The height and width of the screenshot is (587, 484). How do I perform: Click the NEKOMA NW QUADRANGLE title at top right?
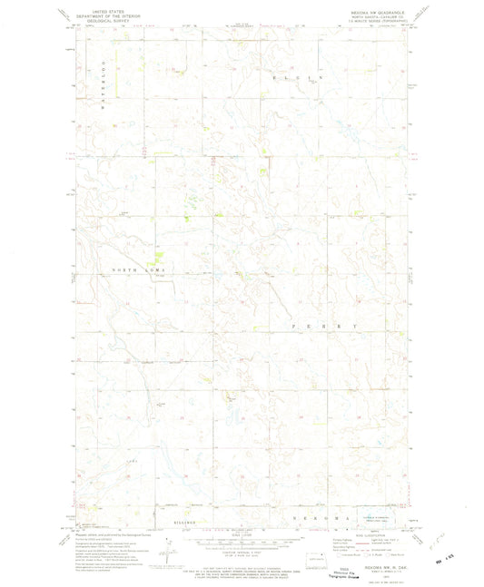pos(375,14)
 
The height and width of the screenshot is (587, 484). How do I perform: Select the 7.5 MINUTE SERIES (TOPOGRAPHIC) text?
pos(375,24)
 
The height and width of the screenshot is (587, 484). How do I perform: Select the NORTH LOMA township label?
pos(140,270)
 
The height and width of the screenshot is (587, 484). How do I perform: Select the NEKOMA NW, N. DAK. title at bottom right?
pos(374,563)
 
